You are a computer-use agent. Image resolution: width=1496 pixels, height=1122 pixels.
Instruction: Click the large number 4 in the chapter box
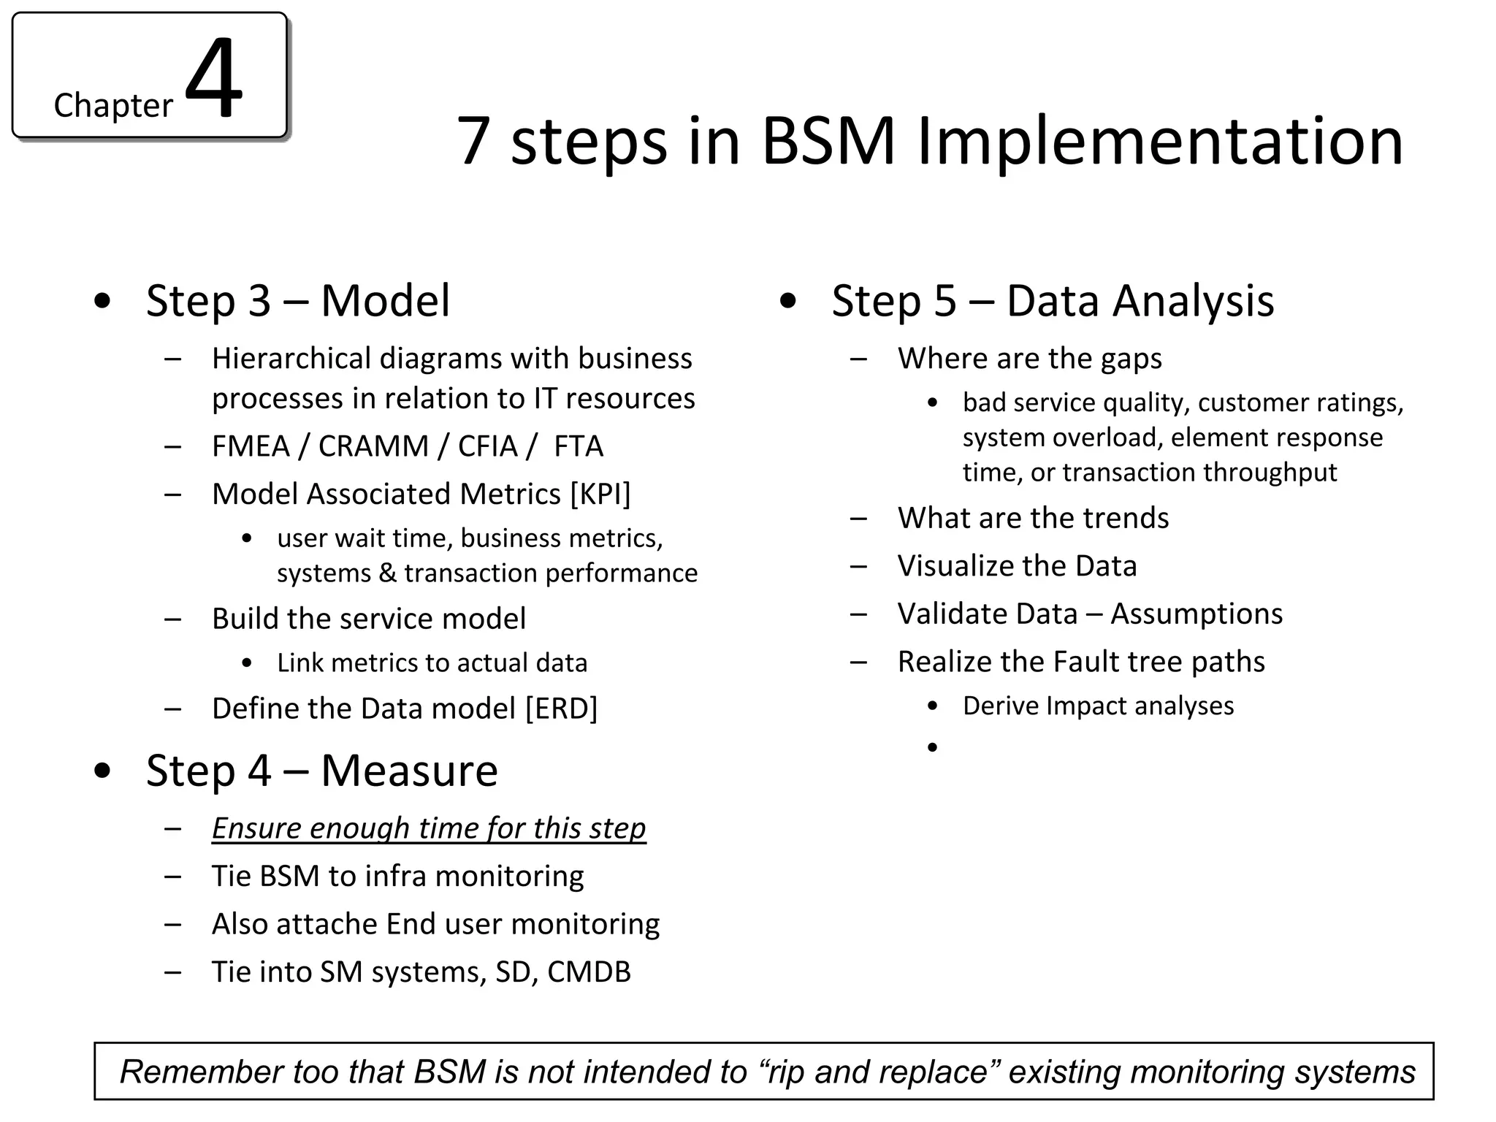point(213,79)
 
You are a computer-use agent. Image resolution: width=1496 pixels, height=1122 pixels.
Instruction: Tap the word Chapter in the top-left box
point(113,105)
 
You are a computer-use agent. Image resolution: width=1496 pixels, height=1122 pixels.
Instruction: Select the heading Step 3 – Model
point(298,300)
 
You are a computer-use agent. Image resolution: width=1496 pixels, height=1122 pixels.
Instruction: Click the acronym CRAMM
point(373,446)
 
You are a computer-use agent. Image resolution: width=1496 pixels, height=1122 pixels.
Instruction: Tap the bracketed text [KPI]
point(600,495)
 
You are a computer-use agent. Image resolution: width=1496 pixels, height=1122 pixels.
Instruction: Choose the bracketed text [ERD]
point(561,709)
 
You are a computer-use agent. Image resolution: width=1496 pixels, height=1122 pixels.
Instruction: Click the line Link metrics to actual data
point(432,663)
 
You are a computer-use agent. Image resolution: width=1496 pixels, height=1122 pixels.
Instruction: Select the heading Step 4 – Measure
point(321,771)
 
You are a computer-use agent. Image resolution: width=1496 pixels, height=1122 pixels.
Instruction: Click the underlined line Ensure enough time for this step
point(429,828)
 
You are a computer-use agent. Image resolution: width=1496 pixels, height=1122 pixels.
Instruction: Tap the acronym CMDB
point(589,972)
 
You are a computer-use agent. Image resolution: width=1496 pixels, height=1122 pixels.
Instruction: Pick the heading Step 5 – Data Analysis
point(1053,300)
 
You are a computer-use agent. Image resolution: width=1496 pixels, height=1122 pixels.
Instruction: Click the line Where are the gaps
point(1029,359)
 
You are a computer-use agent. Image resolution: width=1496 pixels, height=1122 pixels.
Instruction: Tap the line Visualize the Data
point(1017,566)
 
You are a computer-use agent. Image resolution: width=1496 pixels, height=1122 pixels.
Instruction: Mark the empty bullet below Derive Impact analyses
point(932,747)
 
